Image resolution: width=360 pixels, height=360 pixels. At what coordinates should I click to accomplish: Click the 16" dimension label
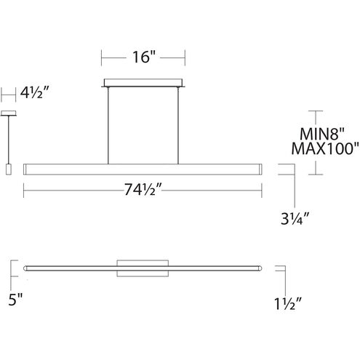pyautogui.click(x=143, y=57)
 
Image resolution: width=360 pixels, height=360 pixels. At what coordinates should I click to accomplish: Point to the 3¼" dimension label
pyautogui.click(x=295, y=218)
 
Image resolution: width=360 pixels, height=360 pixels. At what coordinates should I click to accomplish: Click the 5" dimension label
pyautogui.click(x=15, y=300)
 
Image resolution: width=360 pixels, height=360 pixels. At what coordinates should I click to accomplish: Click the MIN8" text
pyautogui.click(x=322, y=134)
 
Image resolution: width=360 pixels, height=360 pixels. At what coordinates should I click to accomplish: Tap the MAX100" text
pyautogui.click(x=325, y=148)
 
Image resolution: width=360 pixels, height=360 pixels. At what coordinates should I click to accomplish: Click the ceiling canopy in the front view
pyautogui.click(x=143, y=83)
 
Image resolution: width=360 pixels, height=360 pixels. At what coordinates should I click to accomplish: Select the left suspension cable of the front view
pyautogui.click(x=108, y=126)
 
